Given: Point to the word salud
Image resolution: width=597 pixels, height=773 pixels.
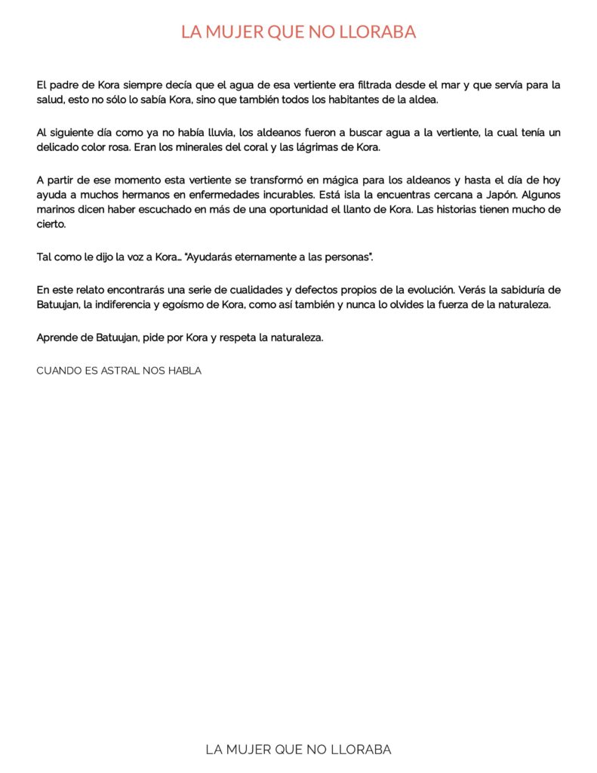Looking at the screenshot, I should click(50, 100).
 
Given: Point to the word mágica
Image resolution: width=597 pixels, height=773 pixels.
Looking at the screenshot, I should click(375, 180).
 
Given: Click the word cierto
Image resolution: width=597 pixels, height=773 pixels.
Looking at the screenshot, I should click(51, 223).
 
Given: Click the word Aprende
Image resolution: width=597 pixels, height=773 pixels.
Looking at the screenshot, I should click(57, 337).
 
